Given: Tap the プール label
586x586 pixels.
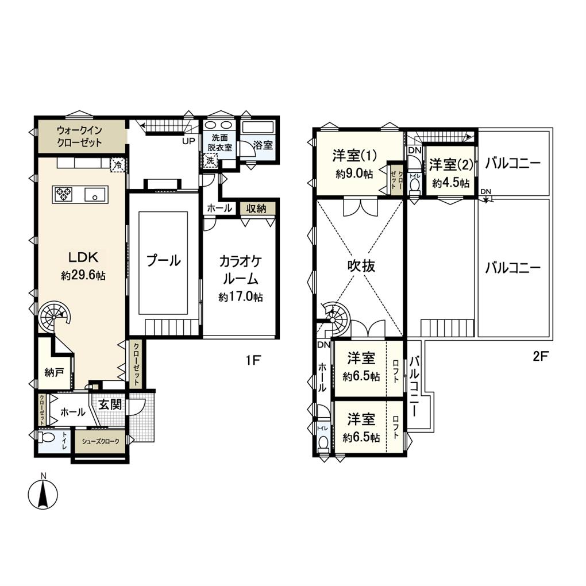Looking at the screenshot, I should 163,260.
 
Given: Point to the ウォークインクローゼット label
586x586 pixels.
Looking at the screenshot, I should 80,136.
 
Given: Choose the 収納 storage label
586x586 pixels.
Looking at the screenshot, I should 257,208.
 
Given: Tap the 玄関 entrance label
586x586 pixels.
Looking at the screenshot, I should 110,404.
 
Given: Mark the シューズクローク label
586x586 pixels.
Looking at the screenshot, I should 101,441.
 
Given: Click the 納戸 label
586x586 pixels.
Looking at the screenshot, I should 54,372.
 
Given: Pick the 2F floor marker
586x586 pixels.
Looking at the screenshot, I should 541,355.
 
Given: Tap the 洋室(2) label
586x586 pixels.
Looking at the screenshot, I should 450,164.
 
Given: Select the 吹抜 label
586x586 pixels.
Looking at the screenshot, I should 361,266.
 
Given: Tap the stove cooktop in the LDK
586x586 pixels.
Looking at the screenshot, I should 63,194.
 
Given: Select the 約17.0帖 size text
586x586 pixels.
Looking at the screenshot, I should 240,297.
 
